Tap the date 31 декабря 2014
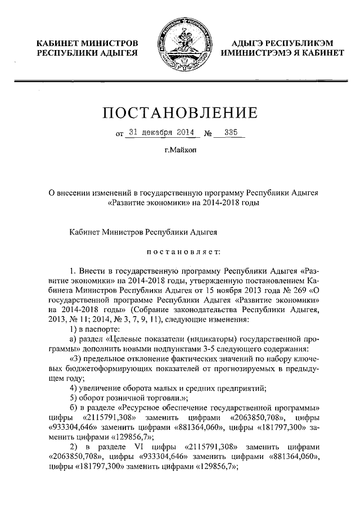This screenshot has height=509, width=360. click(161, 133)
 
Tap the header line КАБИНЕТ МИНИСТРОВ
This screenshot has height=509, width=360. click(87, 43)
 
